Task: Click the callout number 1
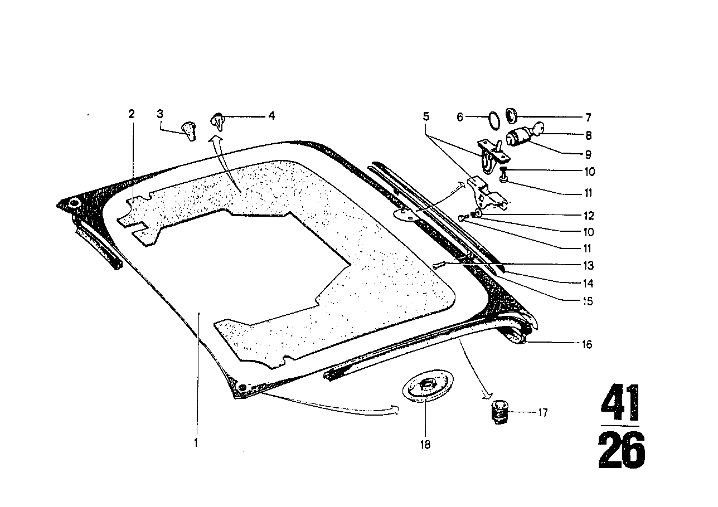click(196, 443)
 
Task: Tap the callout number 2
click(132, 114)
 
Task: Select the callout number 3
click(160, 114)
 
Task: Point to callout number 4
click(271, 116)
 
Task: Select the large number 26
click(621, 450)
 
